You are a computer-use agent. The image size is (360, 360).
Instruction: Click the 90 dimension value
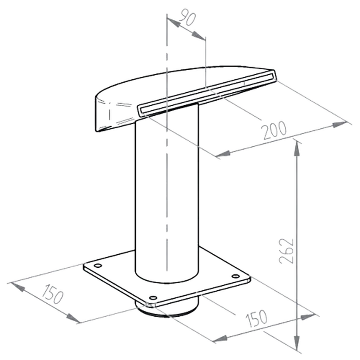pyautogui.click(x=188, y=17)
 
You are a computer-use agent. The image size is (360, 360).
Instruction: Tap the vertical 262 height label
pyautogui.click(x=286, y=251)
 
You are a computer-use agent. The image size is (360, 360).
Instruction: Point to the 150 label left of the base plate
pyautogui.click(x=52, y=294)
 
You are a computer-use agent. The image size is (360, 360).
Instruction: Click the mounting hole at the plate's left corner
pyautogui.click(x=98, y=265)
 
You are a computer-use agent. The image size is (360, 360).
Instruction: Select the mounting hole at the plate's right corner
pyautogui.click(x=235, y=276)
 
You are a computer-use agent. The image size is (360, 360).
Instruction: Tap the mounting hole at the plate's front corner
pyautogui.click(x=153, y=298)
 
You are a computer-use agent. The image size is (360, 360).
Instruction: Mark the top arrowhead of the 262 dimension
pyautogui.click(x=297, y=148)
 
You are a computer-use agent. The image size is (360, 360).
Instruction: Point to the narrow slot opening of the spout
pyautogui.click(x=207, y=92)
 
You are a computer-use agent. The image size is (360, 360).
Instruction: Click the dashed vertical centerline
pyautogui.click(x=167, y=142)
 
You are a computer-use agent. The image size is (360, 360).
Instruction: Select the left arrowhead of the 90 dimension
pyautogui.click(x=174, y=22)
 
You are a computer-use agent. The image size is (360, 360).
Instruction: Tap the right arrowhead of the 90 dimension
pyautogui.click(x=198, y=36)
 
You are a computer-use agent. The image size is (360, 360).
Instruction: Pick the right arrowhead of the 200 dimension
pyautogui.click(x=340, y=125)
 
